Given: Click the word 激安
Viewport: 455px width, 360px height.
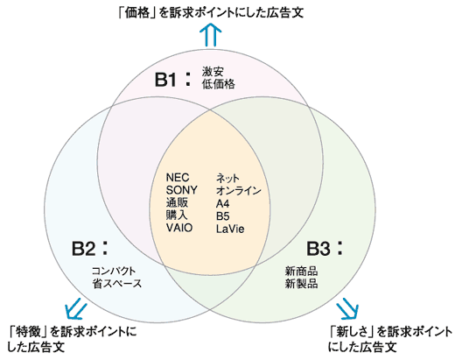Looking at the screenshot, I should click(213, 72).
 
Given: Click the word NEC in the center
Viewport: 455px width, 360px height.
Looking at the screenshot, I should click(178, 178).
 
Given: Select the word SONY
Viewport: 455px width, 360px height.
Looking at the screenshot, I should click(182, 190).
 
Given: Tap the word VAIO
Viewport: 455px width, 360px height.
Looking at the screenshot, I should click(179, 228).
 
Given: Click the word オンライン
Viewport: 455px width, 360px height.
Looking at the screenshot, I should click(238, 190).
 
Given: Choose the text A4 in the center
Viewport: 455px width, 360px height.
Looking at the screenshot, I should click(223, 202).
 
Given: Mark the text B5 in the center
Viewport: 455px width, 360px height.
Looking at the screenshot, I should click(223, 215).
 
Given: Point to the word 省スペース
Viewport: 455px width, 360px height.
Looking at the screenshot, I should click(116, 285).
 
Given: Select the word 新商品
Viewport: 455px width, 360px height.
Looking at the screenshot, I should click(301, 272).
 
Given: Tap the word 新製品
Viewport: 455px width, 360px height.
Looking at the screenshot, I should click(301, 285).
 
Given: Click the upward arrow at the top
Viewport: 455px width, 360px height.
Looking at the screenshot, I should click(210, 35).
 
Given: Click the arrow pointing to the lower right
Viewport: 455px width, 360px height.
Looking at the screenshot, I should click(348, 308).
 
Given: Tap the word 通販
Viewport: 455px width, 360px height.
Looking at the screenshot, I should click(177, 202).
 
